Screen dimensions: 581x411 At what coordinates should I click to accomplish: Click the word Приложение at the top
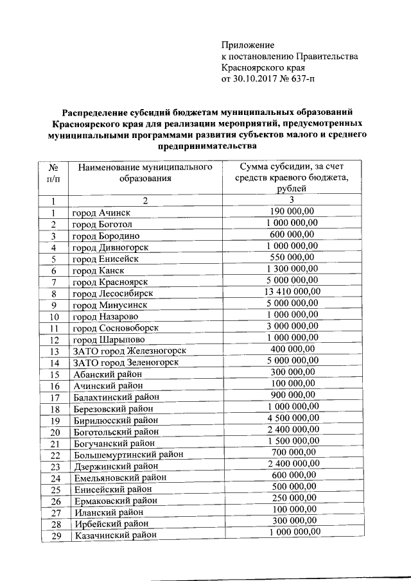pos(248,45)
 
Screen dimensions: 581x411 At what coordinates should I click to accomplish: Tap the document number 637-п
pos(301,80)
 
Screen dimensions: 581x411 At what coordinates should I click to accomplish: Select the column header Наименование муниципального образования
pos(145,173)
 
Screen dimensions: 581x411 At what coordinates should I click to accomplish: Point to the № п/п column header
pos(54,173)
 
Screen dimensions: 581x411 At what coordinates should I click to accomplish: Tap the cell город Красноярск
pos(111,282)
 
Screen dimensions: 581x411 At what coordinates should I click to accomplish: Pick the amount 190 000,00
pos(292,212)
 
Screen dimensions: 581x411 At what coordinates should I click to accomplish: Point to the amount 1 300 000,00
pos(292,270)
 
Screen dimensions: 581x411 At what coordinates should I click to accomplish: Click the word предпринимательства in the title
pos(205,147)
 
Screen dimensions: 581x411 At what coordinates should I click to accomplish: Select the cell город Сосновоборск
pos(115,328)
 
